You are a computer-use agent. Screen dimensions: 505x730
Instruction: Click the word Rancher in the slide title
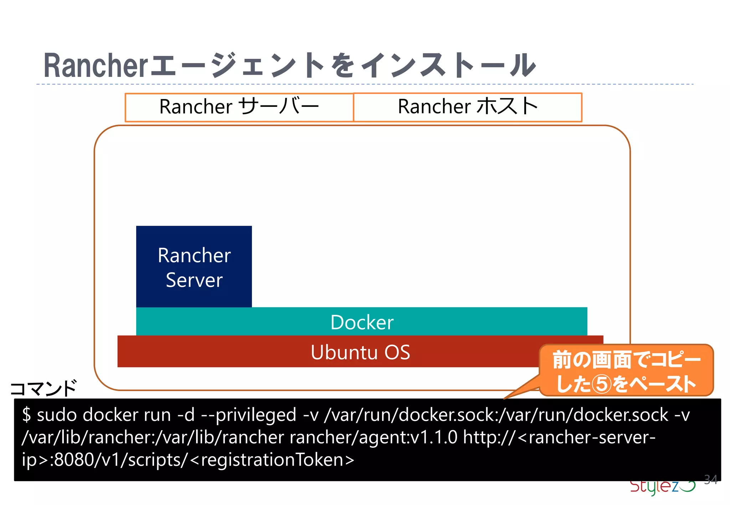tap(96, 66)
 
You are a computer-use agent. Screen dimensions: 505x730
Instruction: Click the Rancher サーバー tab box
tap(239, 107)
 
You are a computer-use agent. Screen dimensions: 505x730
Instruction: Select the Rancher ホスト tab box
tap(467, 107)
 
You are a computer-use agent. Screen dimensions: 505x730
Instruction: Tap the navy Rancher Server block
tap(194, 267)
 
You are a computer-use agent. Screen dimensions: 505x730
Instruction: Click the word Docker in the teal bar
tap(362, 322)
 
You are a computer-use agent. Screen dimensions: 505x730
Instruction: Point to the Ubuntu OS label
tap(360, 352)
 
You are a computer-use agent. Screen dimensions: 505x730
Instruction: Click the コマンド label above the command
tap(43, 388)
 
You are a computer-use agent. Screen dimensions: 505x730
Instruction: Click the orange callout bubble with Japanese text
tap(626, 370)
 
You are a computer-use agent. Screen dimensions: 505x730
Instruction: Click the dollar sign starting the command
tap(26, 415)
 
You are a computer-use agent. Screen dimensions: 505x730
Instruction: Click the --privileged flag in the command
tap(249, 415)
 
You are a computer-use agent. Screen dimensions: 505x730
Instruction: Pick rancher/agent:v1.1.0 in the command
tap(373, 437)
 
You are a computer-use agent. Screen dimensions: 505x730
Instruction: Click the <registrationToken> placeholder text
tap(272, 460)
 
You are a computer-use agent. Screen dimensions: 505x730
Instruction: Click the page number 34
tap(711, 479)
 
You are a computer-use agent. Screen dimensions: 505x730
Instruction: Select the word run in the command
tap(157, 415)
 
